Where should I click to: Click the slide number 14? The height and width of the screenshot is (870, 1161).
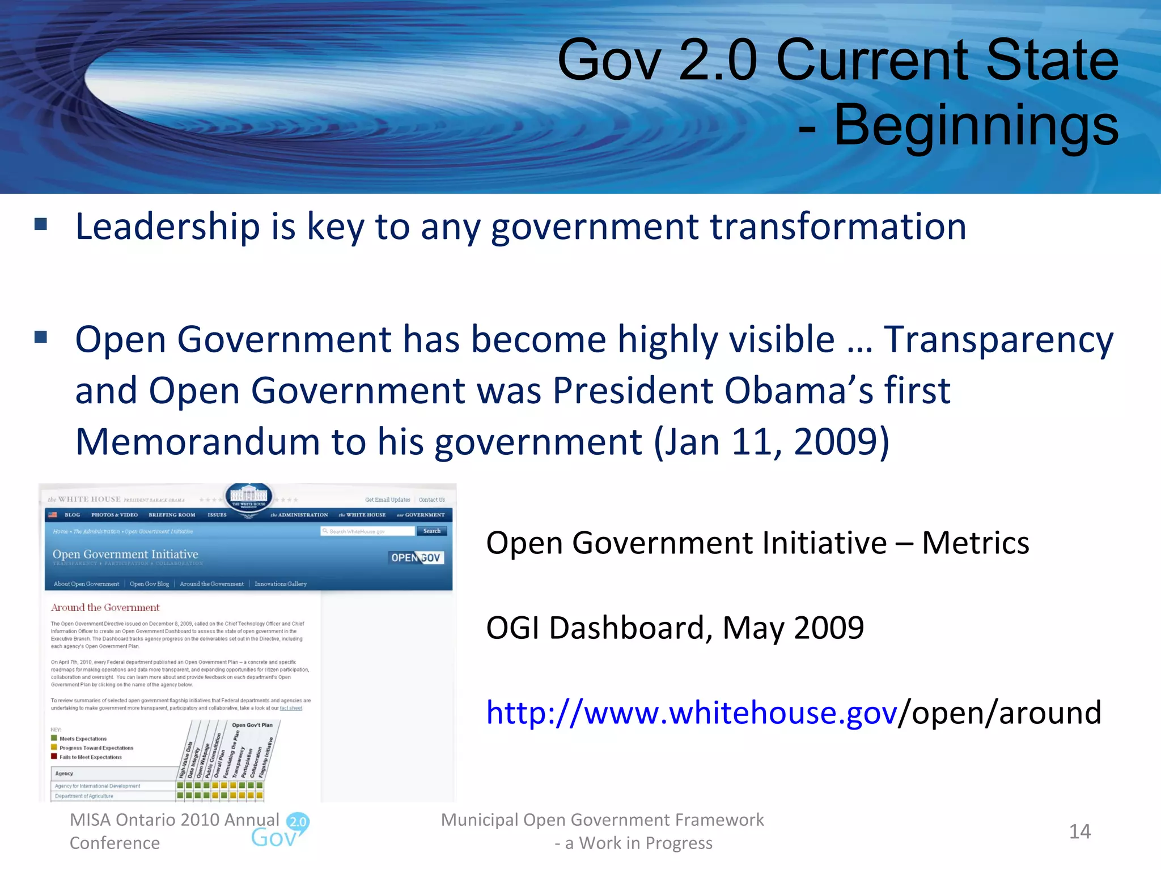[1079, 831]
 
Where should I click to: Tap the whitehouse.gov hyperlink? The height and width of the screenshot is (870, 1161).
[692, 713]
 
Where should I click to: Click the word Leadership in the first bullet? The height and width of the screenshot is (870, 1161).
[168, 227]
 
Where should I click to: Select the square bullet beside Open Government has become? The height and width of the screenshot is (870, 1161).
[41, 338]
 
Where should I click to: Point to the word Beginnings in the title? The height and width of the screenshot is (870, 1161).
[976, 125]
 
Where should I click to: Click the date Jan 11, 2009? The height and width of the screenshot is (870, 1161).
[770, 442]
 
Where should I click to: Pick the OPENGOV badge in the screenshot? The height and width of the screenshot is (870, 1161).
[416, 557]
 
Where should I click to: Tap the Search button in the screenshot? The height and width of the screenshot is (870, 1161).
[432, 531]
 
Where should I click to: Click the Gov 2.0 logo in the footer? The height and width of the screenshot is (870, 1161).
[281, 831]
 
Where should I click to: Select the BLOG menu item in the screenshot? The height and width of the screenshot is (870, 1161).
[72, 515]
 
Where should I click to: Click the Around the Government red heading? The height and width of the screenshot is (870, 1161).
[105, 608]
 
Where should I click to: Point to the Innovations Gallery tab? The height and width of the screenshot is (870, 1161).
[280, 584]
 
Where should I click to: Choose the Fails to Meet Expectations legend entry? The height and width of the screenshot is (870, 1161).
[90, 757]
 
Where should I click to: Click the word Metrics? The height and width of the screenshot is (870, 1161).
[975, 543]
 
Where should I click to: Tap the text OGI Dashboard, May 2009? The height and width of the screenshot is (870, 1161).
[675, 628]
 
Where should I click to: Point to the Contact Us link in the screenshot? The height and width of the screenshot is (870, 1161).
[431, 500]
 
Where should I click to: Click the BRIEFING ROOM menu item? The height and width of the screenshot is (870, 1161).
[172, 515]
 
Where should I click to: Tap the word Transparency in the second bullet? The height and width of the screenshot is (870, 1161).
[998, 340]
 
